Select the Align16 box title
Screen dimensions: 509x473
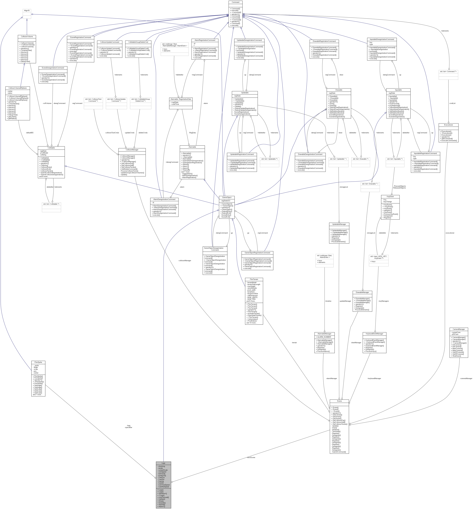coord(27,10)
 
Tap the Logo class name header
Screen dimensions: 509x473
coord(163,463)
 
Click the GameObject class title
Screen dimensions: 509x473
coord(227,197)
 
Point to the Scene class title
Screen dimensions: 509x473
coord(339,401)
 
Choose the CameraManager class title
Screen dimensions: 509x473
coord(459,329)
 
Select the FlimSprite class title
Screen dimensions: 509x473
coord(38,362)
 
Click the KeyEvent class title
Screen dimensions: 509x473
coord(390,197)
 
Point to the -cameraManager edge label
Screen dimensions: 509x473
coord(466,379)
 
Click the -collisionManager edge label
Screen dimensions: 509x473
coord(185,260)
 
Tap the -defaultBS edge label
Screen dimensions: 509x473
coord(29,133)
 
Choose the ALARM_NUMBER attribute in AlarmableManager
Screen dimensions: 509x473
coord(324,337)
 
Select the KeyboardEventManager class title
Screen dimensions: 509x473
coord(374,334)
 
